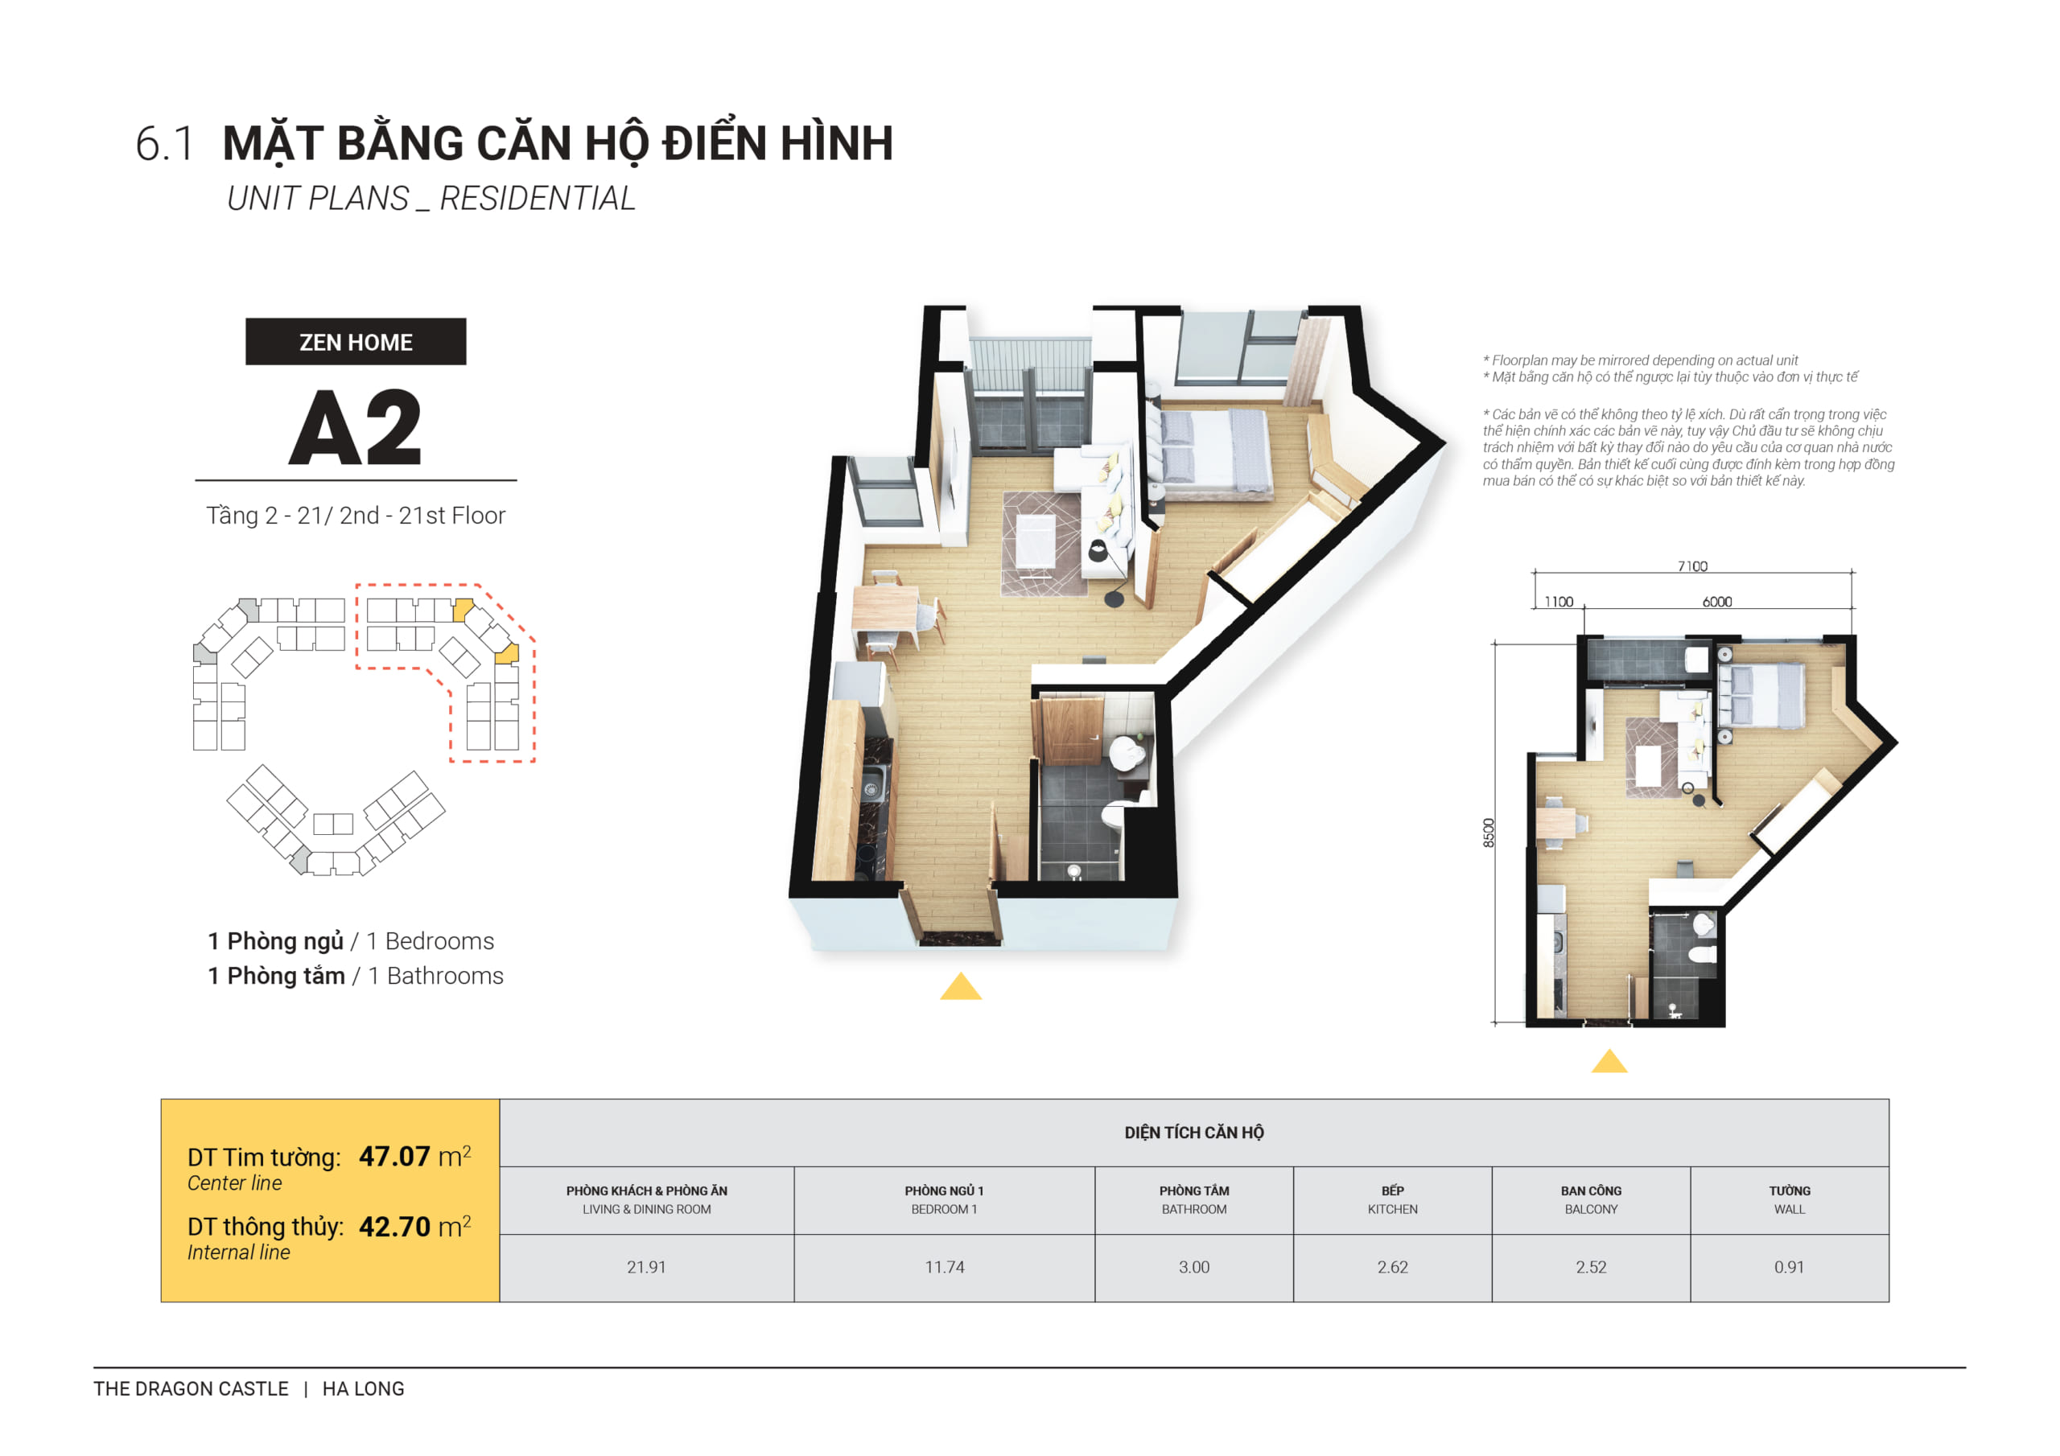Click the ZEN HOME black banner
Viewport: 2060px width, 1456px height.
(356, 342)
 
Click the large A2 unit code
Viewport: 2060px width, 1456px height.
(356, 429)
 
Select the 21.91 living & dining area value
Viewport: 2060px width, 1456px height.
(646, 1267)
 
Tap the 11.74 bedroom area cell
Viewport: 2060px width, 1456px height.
(944, 1267)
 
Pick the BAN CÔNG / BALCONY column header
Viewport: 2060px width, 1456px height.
(1590, 1199)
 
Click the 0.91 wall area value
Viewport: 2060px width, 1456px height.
(1788, 1267)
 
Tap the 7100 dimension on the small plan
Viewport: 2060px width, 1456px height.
(1692, 566)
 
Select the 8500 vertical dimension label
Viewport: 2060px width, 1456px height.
(1489, 833)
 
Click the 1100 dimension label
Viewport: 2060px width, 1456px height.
(1559, 602)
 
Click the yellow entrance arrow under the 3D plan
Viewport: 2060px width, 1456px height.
(961, 987)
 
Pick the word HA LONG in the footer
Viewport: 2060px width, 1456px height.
(364, 1388)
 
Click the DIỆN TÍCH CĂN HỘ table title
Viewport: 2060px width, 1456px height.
(1193, 1132)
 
